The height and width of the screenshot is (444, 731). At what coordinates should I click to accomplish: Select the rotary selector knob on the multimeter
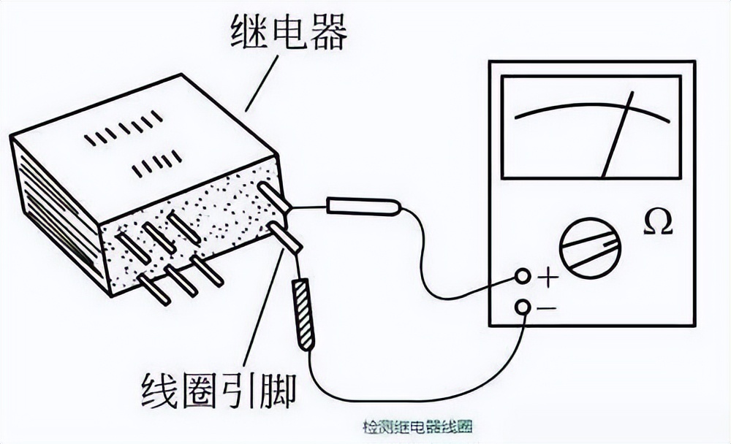(590, 248)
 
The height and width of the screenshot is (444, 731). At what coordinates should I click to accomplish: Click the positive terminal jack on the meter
(522, 276)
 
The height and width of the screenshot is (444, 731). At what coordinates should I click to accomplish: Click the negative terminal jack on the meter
(522, 307)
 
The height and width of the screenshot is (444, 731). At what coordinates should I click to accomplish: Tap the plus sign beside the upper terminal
(548, 277)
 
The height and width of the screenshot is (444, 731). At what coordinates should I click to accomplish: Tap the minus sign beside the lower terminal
(546, 308)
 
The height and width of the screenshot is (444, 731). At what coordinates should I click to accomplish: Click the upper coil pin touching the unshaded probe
(275, 198)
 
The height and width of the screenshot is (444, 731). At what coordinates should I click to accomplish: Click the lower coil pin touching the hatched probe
(286, 238)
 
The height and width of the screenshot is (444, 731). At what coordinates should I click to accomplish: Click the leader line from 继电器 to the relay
(262, 83)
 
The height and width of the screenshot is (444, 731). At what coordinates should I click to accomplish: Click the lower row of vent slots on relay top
(156, 164)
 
